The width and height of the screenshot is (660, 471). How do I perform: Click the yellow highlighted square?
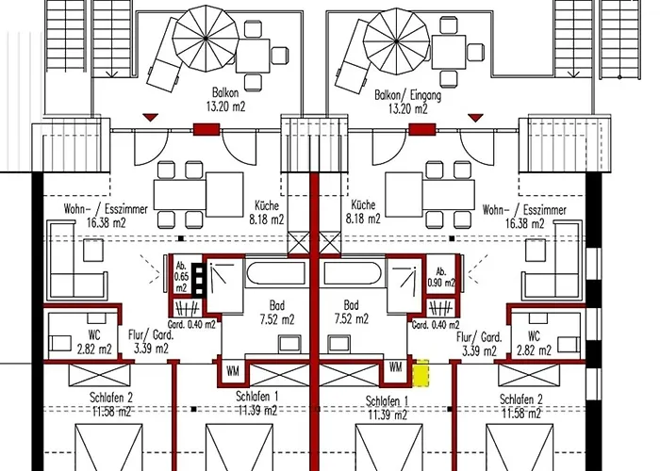pos(421,373)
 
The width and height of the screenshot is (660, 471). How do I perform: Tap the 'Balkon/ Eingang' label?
pos(408,95)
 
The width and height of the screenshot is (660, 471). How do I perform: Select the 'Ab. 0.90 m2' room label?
pos(440,277)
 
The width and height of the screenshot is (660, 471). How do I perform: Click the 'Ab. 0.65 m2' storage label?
pos(181,277)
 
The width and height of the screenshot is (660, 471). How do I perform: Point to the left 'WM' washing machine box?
pos(233,371)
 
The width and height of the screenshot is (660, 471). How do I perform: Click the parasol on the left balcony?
pos(206,39)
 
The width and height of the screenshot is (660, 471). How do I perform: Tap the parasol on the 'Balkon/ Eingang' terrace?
pos(397,41)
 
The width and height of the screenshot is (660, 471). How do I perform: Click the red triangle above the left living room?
pos(150,117)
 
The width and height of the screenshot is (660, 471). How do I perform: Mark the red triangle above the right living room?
pos(475,118)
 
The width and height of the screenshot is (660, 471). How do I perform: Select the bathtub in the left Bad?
pos(275,273)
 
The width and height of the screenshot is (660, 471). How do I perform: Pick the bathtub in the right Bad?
pos(353,273)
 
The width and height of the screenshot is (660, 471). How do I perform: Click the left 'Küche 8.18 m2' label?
pos(267,212)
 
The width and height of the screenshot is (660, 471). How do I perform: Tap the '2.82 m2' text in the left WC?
pos(94,349)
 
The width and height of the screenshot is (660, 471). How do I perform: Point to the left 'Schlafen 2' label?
pos(111,398)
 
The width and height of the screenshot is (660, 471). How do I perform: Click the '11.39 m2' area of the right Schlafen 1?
pos(388,415)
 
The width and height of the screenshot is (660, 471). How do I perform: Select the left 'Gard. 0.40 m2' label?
pos(191,325)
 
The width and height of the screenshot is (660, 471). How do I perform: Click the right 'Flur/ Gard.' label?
pos(479,337)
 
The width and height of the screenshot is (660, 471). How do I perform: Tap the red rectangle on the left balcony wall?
pos(206,129)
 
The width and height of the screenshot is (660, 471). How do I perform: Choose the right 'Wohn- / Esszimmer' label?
pos(524,210)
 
